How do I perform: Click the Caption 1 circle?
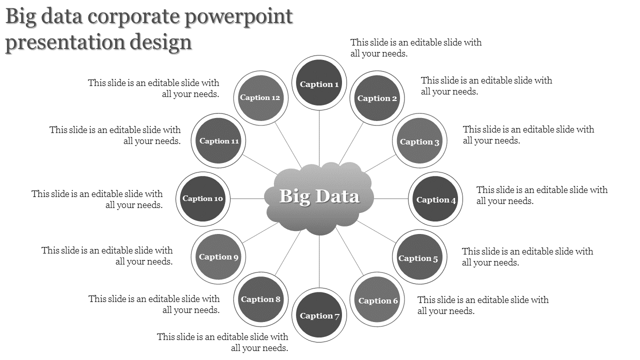point(319,83)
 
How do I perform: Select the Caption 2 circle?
point(377,98)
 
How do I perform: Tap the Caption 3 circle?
point(419,141)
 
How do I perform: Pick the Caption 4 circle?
point(435,199)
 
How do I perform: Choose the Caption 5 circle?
point(419,257)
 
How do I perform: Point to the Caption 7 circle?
point(319,315)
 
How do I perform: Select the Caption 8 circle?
point(261,299)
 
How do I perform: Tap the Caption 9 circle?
point(218,256)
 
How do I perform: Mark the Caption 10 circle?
point(202,198)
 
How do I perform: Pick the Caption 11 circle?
point(219,140)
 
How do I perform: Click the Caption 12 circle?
point(260,97)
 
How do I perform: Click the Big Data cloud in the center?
point(319,198)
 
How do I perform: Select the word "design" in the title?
point(162,42)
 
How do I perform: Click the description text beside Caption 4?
point(542,195)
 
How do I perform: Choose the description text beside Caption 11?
point(115,135)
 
